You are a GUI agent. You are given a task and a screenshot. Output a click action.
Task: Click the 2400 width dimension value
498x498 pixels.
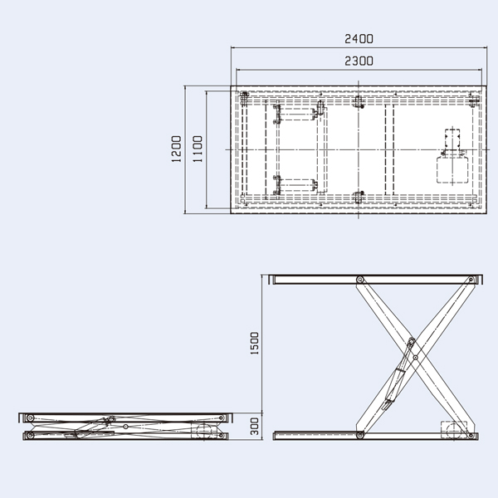click(x=359, y=39)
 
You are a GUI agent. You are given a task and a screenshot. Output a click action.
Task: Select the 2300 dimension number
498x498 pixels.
click(x=359, y=61)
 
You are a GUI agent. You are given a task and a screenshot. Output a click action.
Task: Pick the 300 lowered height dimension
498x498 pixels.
click(x=256, y=427)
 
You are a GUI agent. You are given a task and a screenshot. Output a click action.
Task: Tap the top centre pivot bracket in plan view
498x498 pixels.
click(x=359, y=103)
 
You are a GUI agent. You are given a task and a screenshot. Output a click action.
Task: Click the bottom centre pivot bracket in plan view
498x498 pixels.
click(x=359, y=197)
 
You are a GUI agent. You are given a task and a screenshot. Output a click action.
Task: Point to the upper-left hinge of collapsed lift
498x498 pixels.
click(x=30, y=417)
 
